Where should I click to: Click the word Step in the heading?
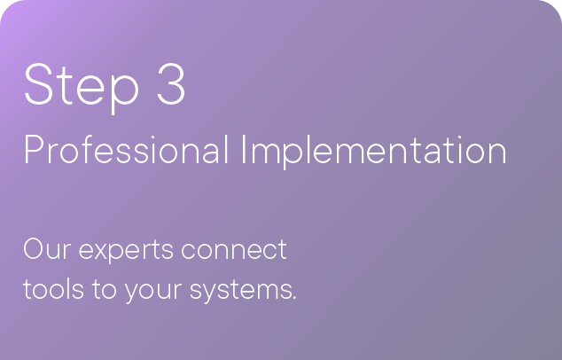[81, 88]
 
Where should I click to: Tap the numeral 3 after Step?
[171, 84]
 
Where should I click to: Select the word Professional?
[126, 150]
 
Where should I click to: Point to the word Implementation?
[374, 152]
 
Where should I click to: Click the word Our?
[47, 248]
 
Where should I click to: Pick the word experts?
[126, 251]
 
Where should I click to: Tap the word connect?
[234, 249]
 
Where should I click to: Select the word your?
[153, 292]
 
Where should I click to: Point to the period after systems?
[294, 298]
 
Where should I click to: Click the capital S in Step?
[38, 84]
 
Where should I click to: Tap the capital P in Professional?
[34, 150]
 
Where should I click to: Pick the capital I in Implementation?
[244, 150]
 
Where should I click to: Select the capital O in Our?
[34, 248]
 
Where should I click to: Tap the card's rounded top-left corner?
[6, 6]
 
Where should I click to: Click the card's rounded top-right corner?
[556, 6]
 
